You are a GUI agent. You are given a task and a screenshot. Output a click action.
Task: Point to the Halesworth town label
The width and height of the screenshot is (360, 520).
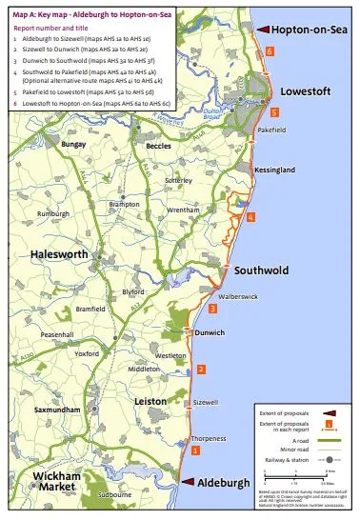click(x=60, y=255)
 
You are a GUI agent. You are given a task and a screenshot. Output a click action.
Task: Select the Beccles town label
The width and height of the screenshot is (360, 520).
click(x=158, y=148)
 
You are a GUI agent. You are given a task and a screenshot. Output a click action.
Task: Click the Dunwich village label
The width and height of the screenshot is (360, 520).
click(x=208, y=332)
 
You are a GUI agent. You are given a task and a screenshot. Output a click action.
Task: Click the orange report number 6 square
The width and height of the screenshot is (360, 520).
click(x=270, y=50)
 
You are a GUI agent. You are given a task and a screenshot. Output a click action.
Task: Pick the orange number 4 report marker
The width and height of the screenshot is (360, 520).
click(x=250, y=217)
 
